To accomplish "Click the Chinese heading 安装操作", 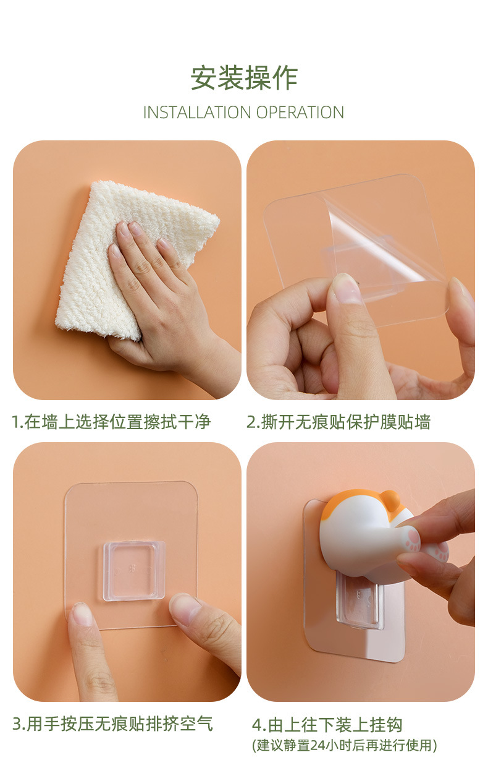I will click(243, 79).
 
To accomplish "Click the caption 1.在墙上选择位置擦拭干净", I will click(111, 422).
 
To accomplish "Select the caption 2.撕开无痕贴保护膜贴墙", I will click(338, 422).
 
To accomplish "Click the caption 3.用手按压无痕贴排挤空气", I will click(112, 724).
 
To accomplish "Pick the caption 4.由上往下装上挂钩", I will click(327, 724).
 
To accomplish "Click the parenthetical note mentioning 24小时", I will click(344, 746).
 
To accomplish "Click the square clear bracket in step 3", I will click(134, 570).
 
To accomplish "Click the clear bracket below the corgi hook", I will click(359, 602).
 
